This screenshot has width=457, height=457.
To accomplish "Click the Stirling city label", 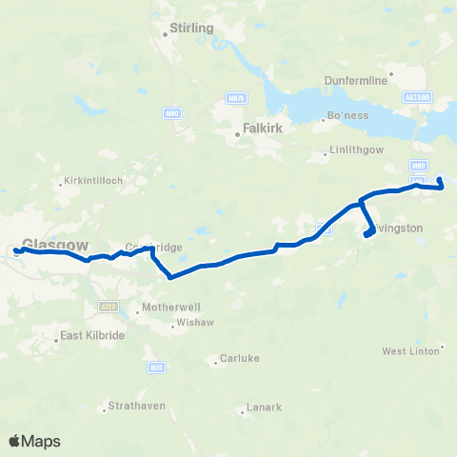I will click(190, 29).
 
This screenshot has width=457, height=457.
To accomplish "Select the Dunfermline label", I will click(355, 81).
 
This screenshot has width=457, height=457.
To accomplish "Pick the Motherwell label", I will click(166, 308).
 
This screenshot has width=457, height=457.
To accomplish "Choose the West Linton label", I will click(409, 351).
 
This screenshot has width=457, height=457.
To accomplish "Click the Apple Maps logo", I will click(34, 442).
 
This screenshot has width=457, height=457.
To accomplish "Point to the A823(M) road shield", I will click(424, 96).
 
